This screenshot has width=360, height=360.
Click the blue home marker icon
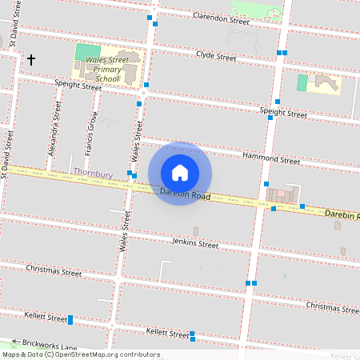coord(180,173)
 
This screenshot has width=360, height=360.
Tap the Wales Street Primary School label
coord(107,69)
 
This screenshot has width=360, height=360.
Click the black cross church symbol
coord(32,60)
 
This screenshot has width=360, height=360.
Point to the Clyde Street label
coord(216,57)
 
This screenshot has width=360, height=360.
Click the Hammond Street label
coord(274,160)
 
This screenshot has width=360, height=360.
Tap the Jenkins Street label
coord(194,242)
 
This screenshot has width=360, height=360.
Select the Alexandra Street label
coord(55,132)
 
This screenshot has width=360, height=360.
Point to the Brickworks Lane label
coord(50,344)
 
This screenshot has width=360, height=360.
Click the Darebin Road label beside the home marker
coord(185,195)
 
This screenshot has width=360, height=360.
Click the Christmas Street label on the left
coord(54,271)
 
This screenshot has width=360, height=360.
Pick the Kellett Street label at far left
coord(46,318)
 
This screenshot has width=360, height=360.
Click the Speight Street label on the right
coord(283,113)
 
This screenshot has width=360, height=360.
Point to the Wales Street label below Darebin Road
coord(125,232)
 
